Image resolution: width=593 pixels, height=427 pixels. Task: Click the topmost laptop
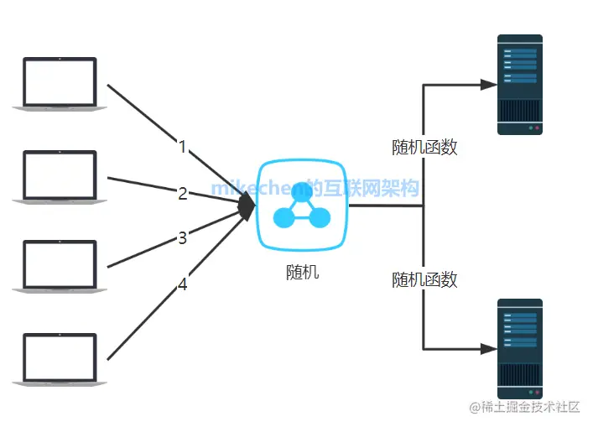[x=60, y=83]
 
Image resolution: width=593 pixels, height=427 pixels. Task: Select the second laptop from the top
[x=60, y=176]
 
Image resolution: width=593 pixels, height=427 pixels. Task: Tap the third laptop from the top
[x=60, y=267]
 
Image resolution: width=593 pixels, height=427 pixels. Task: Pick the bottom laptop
[x=60, y=359]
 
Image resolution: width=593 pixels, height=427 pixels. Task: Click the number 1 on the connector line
[x=182, y=147]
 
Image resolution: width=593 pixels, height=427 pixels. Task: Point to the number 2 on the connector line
[x=182, y=194]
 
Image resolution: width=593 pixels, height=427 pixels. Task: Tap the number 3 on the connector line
[x=182, y=238]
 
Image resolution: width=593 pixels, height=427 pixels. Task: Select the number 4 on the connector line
[x=182, y=284]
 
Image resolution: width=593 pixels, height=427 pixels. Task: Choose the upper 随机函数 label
[x=424, y=147]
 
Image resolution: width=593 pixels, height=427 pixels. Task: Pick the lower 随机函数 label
[x=424, y=279]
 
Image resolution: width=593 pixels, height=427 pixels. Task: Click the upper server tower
[x=520, y=84]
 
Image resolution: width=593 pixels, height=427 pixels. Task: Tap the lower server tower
[x=520, y=347]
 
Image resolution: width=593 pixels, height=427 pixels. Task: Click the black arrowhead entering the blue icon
[x=247, y=206]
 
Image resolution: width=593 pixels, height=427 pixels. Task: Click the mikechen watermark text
[x=315, y=188]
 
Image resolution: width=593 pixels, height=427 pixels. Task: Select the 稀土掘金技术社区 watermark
[x=525, y=408]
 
